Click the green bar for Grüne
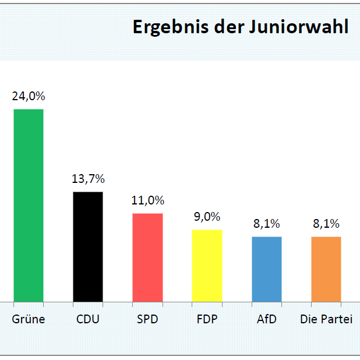click(x=29, y=206)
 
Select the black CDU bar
click(x=88, y=247)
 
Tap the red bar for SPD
click(x=147, y=257)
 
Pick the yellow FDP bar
click(x=207, y=266)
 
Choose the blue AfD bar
click(x=267, y=269)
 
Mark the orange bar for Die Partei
click(x=326, y=269)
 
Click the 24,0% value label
click(x=29, y=96)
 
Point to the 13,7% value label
click(x=88, y=179)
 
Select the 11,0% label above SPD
click(x=147, y=200)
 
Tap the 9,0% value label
click(x=207, y=217)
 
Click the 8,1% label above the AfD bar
click(x=267, y=224)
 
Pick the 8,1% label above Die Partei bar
click(x=326, y=224)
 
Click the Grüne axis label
click(x=29, y=319)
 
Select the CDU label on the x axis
click(x=88, y=319)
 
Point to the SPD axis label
click(x=147, y=319)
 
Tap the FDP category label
click(x=207, y=319)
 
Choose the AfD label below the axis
click(x=267, y=319)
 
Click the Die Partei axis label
click(x=326, y=319)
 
